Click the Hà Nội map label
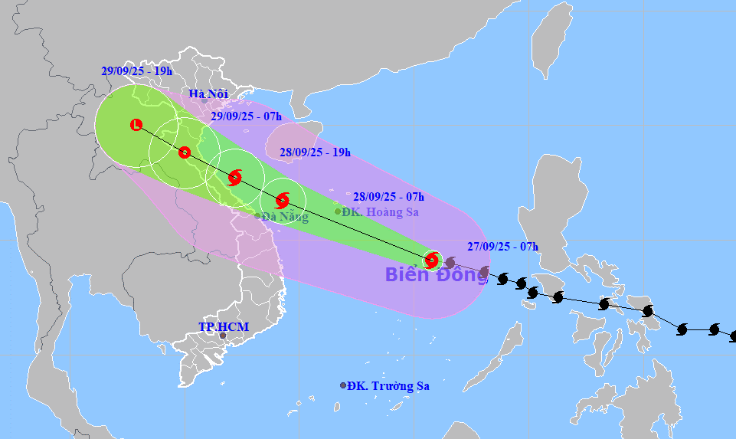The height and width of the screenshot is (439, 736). coord(208,94)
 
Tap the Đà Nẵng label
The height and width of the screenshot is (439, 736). coord(285,217)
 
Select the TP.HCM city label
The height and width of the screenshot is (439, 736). coord(224,327)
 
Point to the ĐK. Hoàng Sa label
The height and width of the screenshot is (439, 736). coord(381,211)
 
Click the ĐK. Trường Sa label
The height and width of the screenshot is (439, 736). coord(388,386)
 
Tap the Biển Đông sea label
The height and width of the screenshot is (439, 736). coord(436,274)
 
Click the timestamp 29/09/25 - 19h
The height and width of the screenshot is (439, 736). coord(136,70)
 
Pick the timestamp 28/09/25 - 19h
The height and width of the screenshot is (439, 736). coord(315,152)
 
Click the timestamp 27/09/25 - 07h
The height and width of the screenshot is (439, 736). coord(502,247)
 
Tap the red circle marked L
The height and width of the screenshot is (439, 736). coord(136,125)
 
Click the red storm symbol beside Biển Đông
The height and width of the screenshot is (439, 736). coord(432,260)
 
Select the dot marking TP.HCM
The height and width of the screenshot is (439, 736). coord(223,336)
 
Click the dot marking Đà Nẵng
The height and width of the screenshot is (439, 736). coord(257,216)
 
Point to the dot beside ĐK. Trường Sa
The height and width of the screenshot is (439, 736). coord(343,385)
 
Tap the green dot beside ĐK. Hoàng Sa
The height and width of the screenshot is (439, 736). coord(338,211)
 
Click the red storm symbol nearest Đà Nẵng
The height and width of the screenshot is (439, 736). coord(283,201)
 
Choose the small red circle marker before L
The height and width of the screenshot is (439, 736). coord(184,152)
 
